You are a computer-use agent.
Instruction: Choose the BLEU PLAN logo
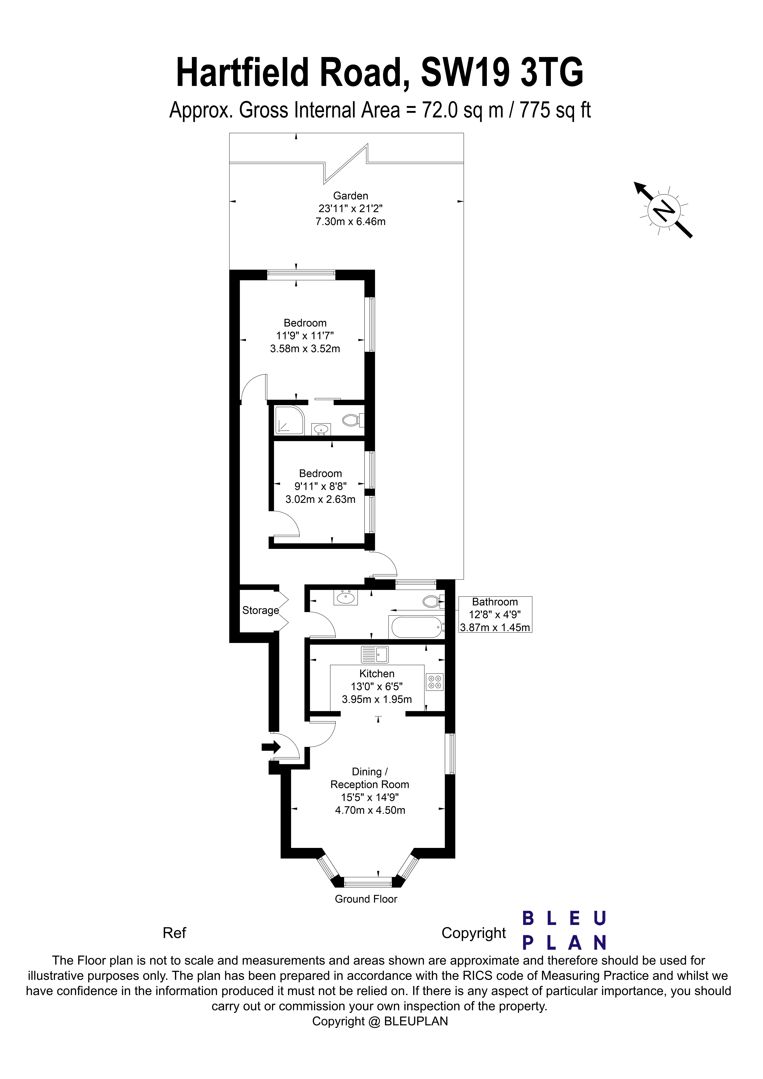pos(564,930)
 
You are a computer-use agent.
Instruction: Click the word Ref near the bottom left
pos(174,933)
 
